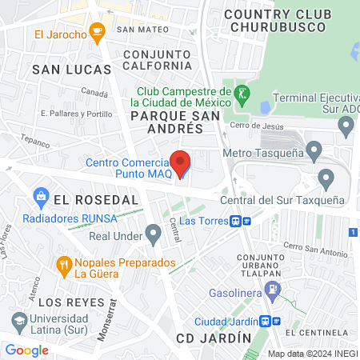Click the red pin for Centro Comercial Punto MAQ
pos(182,163)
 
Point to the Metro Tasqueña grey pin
pos(314,150)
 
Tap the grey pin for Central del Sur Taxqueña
pos(325,178)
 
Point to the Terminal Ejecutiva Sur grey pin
pos(346,125)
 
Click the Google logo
pos(26,350)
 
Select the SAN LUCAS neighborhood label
pos(68,70)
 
